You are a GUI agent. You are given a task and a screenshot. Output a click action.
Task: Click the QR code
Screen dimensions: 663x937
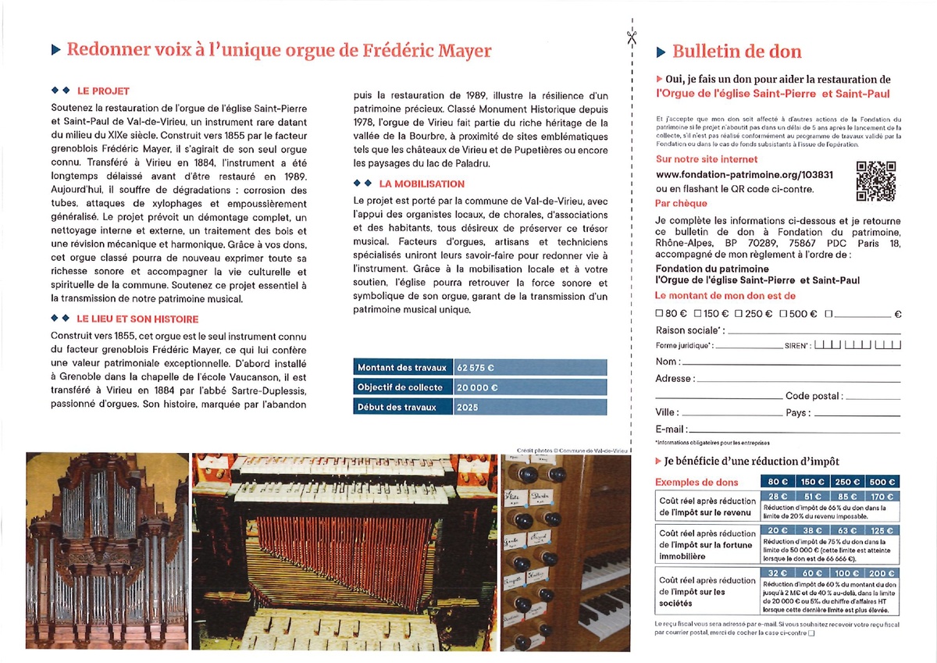pos(876,180)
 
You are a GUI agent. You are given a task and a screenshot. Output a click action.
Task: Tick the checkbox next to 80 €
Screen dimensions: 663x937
pos(660,314)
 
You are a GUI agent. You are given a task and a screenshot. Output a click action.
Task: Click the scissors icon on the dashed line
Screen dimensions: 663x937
pos(630,36)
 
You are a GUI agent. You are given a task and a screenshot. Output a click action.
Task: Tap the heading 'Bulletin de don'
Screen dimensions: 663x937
pos(736,52)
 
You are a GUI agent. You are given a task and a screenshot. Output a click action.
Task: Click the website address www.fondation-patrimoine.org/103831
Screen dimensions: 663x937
pos(744,174)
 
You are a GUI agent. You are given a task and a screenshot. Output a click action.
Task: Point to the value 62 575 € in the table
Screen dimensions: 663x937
pos(476,367)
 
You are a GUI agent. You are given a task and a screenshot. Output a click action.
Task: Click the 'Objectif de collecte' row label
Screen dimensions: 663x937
pos(400,387)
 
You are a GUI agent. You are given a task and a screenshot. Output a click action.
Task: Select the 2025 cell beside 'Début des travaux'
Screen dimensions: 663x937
pos(469,407)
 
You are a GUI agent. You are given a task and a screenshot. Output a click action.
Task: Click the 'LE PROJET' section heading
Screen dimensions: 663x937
pos(103,91)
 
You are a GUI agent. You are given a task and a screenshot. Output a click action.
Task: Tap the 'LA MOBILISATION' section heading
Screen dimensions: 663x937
pos(421,184)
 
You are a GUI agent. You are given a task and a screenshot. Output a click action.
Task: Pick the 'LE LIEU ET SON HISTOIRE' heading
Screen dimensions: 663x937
pos(137,319)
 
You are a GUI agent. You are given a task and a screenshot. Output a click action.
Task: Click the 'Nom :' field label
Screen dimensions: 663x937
pos(667,362)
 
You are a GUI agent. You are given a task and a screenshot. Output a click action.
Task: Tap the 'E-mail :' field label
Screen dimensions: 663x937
pos(672,429)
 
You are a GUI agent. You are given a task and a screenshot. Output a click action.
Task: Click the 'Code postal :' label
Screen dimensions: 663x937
pos(814,396)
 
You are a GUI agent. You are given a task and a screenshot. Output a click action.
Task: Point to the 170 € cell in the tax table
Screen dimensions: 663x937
pos(882,497)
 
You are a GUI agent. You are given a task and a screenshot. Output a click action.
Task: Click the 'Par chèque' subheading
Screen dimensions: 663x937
pos(681,204)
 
